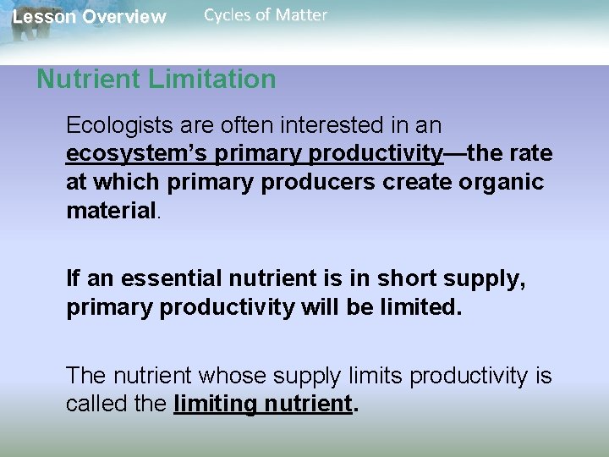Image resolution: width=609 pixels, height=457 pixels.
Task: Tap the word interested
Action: click(x=338, y=126)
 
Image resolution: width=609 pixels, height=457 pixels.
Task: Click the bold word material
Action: click(x=111, y=211)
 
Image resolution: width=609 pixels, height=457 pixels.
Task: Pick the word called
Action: click(x=95, y=404)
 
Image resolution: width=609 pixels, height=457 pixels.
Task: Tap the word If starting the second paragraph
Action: click(x=74, y=279)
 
